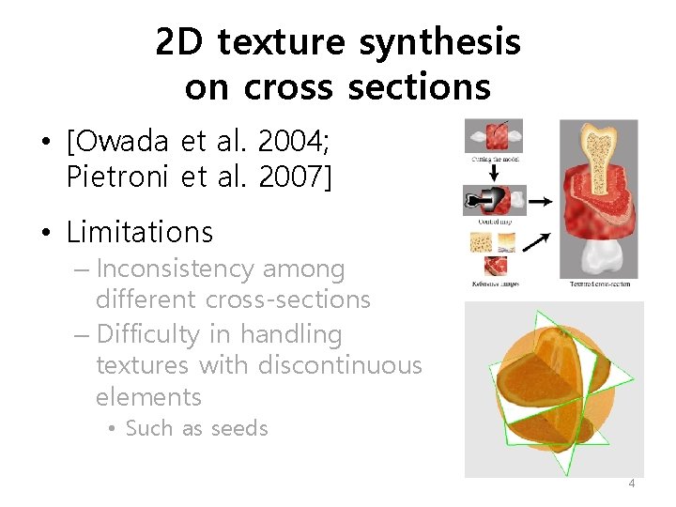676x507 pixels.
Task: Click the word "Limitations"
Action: tap(140, 231)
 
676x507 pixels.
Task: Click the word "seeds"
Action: tap(239, 428)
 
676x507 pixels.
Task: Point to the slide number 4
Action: tap(631, 483)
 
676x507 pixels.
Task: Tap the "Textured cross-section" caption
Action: tap(599, 283)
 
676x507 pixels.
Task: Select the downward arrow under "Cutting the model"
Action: tap(494, 174)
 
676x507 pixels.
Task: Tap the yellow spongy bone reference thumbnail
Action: tap(479, 242)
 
